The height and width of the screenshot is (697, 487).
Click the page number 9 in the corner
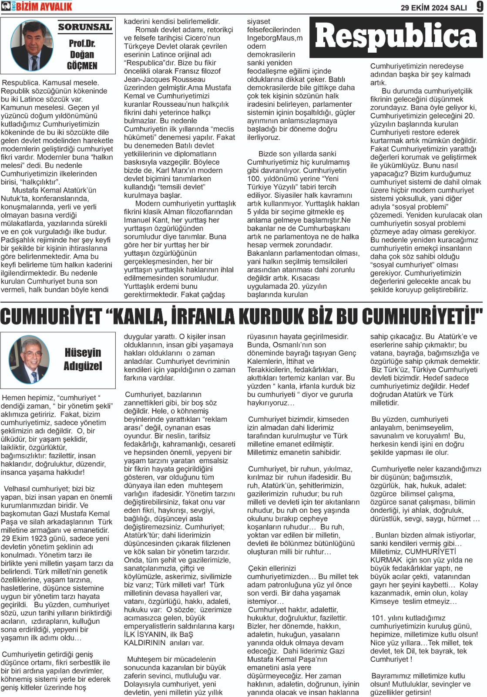[479, 7]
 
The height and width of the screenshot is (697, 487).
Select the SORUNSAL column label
[85, 27]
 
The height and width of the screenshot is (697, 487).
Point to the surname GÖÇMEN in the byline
[82, 66]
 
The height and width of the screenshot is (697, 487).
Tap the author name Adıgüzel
[83, 366]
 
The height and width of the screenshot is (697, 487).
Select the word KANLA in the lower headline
[139, 316]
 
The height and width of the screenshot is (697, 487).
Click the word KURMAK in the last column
[386, 560]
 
